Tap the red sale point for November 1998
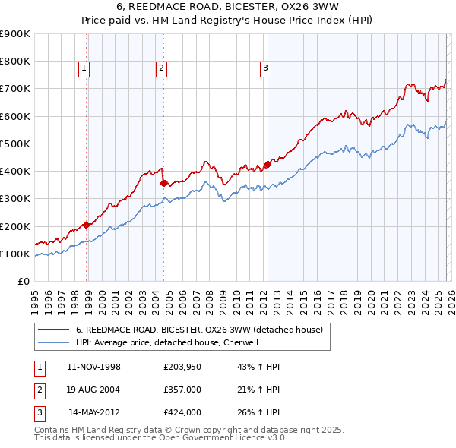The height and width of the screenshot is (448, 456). pyautogui.click(x=87, y=225)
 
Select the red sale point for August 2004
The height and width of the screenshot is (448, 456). pyautogui.click(x=164, y=182)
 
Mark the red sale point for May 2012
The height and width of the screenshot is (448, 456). pyautogui.click(x=268, y=164)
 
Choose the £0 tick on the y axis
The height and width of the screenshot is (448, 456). pyautogui.click(x=23, y=282)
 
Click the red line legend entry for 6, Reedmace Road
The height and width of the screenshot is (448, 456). pyautogui.click(x=199, y=330)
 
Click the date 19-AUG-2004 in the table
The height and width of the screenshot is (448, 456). pyautogui.click(x=94, y=390)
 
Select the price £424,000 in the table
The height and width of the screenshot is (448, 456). pyautogui.click(x=182, y=412)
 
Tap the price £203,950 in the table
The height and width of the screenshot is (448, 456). pyautogui.click(x=182, y=367)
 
